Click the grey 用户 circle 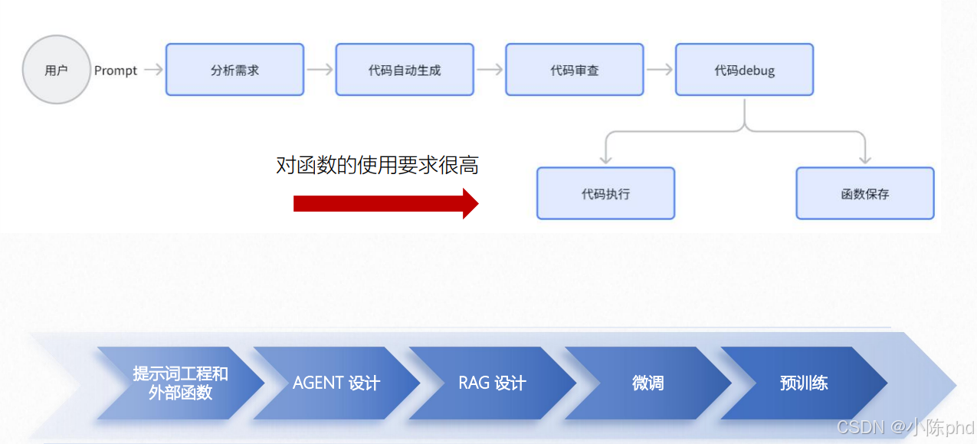pyautogui.click(x=56, y=70)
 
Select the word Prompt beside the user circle pyautogui.click(x=116, y=71)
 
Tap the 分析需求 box pyautogui.click(x=234, y=70)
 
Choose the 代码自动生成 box pyautogui.click(x=405, y=70)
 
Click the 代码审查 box pyautogui.click(x=575, y=70)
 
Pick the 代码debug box pyautogui.click(x=744, y=70)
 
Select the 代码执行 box pyautogui.click(x=605, y=193)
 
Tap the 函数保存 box pyautogui.click(x=865, y=193)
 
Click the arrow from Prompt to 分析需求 pyautogui.click(x=153, y=70)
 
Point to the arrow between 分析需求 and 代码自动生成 pyautogui.click(x=320, y=70)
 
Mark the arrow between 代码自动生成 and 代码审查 pyautogui.click(x=490, y=70)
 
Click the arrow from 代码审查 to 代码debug pyautogui.click(x=660, y=70)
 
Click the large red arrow pyautogui.click(x=385, y=203)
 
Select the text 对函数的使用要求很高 pyautogui.click(x=377, y=165)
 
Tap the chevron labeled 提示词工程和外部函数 pyautogui.click(x=180, y=383)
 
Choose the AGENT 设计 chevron pyautogui.click(x=336, y=383)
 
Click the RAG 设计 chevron pyautogui.click(x=492, y=383)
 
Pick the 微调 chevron pyautogui.click(x=648, y=383)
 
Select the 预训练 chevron pyautogui.click(x=804, y=383)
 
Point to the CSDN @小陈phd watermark pyautogui.click(x=905, y=427)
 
